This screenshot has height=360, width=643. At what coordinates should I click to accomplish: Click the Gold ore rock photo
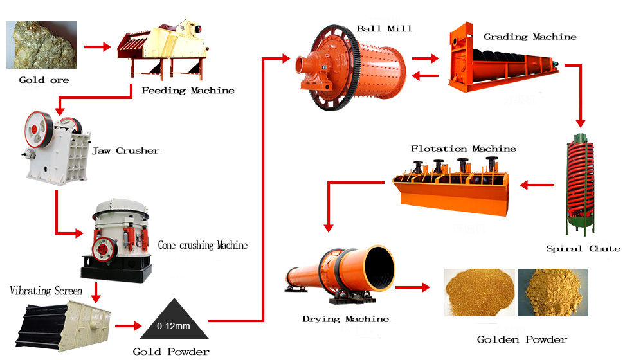pos(42,45)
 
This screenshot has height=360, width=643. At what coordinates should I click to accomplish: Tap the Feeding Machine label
pos(188,91)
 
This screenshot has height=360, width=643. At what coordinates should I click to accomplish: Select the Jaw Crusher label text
pos(126,151)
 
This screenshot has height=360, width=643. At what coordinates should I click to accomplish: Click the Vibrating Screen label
pos(46,291)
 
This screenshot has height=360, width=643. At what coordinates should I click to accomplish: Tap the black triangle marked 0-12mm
pos(174,319)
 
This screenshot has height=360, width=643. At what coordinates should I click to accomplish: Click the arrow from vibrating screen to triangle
pos(129,326)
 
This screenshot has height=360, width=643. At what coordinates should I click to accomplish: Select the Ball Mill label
pos(385,29)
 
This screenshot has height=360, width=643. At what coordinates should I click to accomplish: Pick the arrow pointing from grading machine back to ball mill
pos(425,75)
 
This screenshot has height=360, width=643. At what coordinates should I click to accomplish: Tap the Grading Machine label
pos(530,37)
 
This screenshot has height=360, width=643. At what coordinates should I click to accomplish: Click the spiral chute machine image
pos(580,184)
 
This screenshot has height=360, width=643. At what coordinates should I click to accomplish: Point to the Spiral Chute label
pos(583,249)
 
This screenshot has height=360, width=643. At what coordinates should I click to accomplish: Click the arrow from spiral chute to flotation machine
pos(537,185)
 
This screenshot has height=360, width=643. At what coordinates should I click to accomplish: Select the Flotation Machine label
pos(464,149)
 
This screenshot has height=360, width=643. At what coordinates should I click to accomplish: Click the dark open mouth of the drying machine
pos(379,269)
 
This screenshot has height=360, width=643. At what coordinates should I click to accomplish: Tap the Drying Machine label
pos(346,319)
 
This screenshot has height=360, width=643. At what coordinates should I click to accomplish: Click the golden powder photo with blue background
pos(553,292)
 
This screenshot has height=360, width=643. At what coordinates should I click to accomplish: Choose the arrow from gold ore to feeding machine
pos(98,47)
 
